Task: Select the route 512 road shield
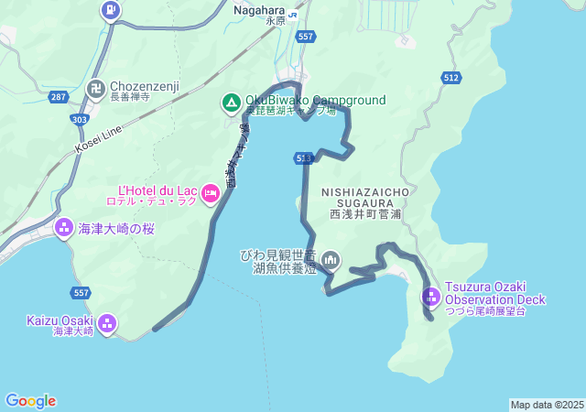click(450, 79)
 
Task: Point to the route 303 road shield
click(81, 119)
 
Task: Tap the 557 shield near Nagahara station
click(306, 37)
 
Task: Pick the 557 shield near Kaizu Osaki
click(81, 292)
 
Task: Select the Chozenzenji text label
click(145, 86)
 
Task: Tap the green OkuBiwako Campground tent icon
click(231, 101)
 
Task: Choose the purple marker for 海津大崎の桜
click(64, 227)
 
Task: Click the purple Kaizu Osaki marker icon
click(107, 322)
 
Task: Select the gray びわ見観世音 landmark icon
click(330, 261)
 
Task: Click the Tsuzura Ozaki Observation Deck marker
click(431, 297)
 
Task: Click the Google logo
click(30, 401)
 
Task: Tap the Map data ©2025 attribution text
click(547, 405)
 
